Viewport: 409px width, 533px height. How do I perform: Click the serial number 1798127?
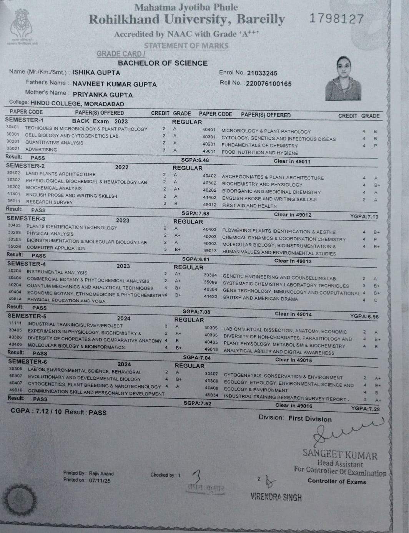[336, 18]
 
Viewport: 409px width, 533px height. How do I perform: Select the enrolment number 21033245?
[262, 73]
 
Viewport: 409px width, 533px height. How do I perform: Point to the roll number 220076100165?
[269, 84]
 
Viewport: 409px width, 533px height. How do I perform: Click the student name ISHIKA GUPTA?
[96, 73]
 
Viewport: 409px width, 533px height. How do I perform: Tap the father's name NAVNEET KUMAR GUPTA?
[115, 84]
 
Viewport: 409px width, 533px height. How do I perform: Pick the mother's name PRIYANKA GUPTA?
[103, 95]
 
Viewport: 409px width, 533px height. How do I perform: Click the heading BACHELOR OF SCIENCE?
[163, 63]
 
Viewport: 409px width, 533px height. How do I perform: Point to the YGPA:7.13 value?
[364, 217]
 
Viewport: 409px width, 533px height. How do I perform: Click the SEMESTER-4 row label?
[27, 264]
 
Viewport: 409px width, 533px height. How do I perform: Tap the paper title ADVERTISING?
[41, 149]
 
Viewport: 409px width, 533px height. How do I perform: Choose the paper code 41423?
[211, 297]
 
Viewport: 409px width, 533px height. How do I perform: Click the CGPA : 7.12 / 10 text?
[36, 411]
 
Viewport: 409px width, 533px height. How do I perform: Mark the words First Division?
[310, 419]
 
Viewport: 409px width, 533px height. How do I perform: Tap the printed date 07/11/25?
[100, 480]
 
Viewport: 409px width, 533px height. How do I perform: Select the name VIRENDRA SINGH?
[276, 497]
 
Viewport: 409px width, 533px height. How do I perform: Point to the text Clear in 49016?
[293, 406]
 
